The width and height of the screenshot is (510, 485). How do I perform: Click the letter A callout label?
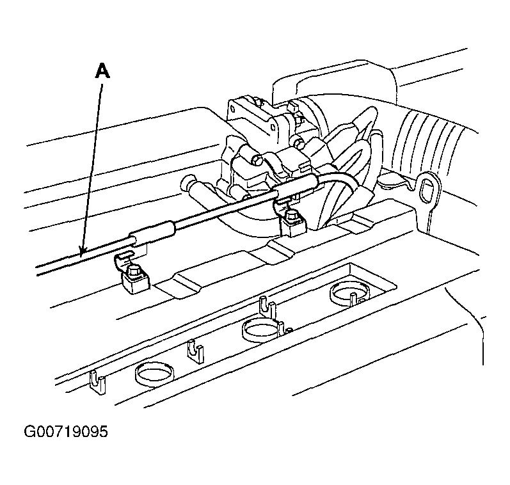coord(102,71)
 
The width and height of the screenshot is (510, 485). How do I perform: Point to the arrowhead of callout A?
coord(83,250)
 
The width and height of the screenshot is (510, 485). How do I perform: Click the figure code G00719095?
coord(66,432)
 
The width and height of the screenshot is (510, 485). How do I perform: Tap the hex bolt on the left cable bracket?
coord(134,270)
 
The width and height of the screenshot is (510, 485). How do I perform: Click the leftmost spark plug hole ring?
coord(154,374)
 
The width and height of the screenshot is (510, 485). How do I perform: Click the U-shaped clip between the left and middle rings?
coord(196,352)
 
